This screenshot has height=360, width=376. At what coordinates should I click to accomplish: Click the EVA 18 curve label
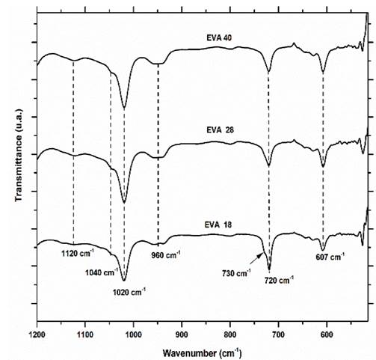click(x=221, y=223)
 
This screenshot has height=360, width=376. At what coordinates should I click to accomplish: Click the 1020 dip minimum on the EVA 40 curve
click(x=124, y=108)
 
